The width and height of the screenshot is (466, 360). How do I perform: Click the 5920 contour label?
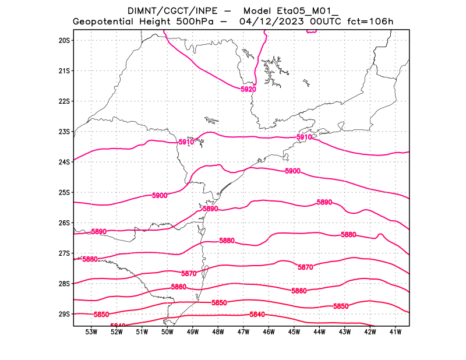[x=248, y=90]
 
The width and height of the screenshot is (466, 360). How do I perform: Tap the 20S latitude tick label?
[x=64, y=40]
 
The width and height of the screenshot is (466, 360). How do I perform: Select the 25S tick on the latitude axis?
[x=64, y=192]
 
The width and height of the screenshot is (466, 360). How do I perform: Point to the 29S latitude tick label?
[x=64, y=314]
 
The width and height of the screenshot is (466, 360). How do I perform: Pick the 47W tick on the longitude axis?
[x=243, y=332]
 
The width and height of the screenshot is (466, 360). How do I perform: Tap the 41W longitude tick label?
[x=395, y=332]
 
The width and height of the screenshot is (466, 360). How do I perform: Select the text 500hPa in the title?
[x=196, y=22]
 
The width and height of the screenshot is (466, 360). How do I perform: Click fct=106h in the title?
[x=370, y=22]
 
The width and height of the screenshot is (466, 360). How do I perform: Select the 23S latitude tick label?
[x=64, y=132]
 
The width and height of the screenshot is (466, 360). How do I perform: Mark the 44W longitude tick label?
[x=319, y=332]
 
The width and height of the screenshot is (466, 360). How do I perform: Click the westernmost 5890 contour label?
[x=99, y=232]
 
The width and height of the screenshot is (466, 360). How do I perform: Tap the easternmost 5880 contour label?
[x=348, y=235]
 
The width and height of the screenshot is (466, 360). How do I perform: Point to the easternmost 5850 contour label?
[x=341, y=306]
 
